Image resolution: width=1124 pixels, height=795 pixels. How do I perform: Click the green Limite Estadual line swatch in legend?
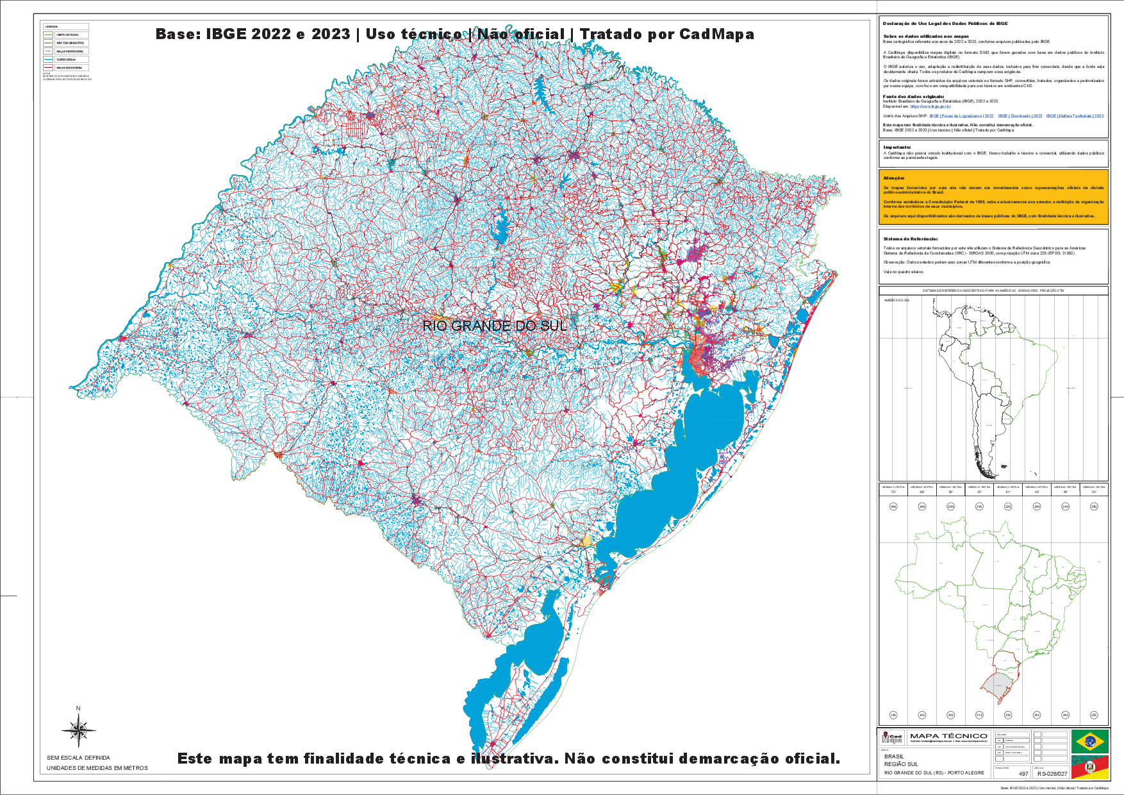48,35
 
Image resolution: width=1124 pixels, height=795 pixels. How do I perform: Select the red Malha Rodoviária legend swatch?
48,67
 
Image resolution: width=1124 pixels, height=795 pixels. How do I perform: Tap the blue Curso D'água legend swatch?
48,59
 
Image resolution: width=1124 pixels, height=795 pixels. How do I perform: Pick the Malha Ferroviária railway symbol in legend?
48,51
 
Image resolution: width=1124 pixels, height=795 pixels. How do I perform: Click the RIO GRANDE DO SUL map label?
495,326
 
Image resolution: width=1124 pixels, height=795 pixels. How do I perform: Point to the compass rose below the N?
78,732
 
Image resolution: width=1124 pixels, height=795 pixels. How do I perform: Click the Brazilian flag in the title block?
1089,742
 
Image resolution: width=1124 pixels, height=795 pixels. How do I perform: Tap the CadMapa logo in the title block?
891,738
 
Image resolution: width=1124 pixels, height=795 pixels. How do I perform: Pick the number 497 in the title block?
1023,774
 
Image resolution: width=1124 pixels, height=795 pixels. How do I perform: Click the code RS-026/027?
1052,774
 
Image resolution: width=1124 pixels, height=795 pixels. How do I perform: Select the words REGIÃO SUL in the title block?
901,764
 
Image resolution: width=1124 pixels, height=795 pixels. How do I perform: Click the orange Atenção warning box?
993,197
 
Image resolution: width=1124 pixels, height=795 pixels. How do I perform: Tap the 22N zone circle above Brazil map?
1008,506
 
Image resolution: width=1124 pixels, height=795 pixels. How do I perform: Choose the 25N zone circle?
1094,506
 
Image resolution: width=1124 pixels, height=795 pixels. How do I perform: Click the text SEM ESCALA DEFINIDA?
78,758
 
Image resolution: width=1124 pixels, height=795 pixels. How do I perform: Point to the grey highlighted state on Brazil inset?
996,683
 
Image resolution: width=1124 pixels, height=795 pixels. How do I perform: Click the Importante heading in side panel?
897,147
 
